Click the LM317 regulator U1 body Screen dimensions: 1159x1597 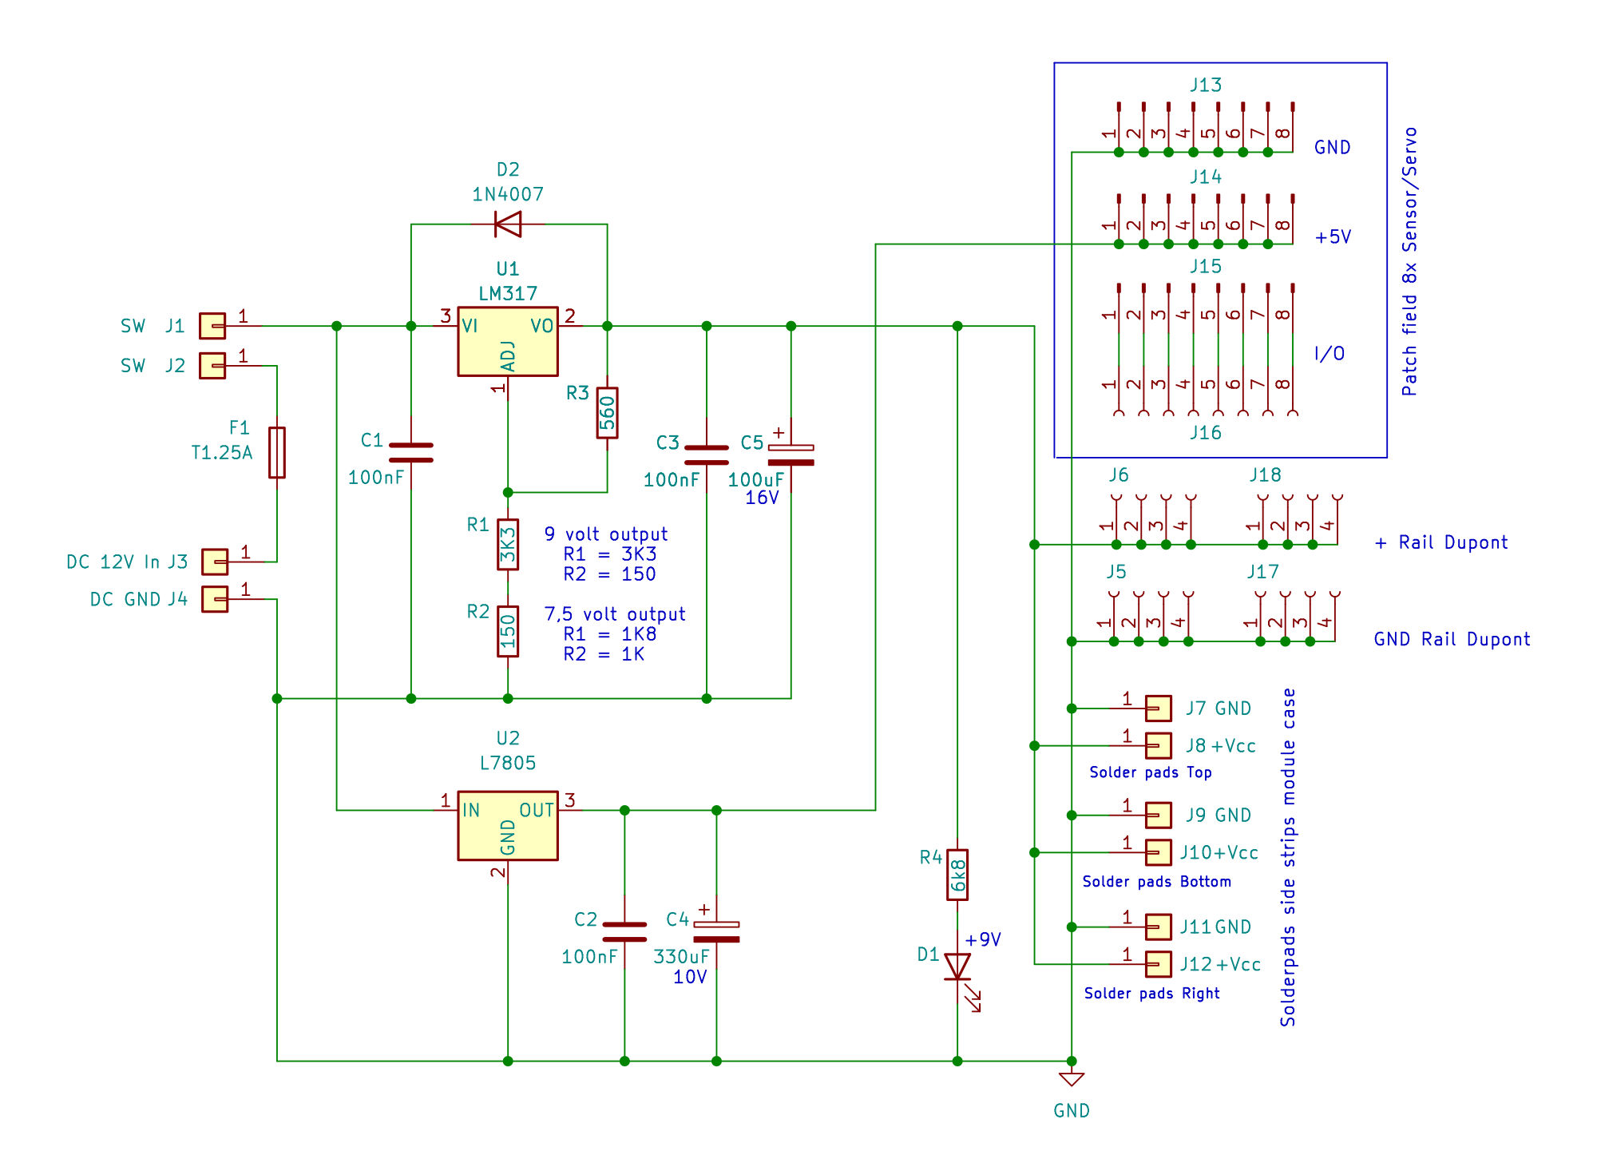click(x=507, y=341)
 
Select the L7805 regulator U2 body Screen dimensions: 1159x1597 click(x=507, y=825)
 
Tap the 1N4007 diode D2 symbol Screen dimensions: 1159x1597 click(x=508, y=224)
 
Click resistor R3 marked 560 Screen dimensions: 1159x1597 click(x=607, y=413)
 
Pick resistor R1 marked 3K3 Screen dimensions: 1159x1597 click(x=508, y=545)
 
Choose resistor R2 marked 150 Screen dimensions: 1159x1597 click(x=508, y=631)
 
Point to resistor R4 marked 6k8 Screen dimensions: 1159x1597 click(x=957, y=875)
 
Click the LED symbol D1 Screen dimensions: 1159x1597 click(x=957, y=966)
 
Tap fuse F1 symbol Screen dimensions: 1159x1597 click(x=277, y=452)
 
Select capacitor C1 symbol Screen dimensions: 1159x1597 click(x=410, y=453)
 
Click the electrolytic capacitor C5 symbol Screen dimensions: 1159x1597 click(x=791, y=454)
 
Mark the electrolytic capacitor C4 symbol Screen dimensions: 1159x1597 click(x=716, y=931)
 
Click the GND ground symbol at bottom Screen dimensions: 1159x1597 click(x=1072, y=1080)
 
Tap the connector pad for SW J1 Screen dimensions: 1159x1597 click(x=212, y=326)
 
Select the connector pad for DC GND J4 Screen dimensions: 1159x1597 click(x=215, y=599)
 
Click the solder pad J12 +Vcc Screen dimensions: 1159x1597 click(x=1158, y=964)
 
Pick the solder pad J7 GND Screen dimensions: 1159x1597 click(x=1158, y=708)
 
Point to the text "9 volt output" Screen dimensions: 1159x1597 click(x=606, y=534)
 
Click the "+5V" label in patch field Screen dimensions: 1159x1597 click(x=1333, y=237)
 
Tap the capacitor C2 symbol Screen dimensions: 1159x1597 click(x=624, y=931)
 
